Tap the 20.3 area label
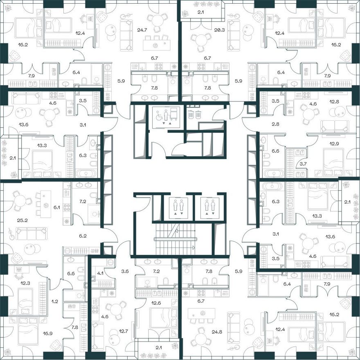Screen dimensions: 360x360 click(x=220, y=30)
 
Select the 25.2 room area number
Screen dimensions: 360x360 click(x=22, y=220)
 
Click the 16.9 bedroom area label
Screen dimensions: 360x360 click(x=47, y=333)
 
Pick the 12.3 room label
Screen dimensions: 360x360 click(x=25, y=283)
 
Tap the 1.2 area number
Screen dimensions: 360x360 click(x=55, y=301)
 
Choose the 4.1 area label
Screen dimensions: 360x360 click(x=100, y=273)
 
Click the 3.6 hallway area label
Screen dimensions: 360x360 click(x=125, y=271)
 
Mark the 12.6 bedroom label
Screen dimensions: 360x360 click(x=156, y=303)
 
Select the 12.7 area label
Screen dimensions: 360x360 click(x=123, y=331)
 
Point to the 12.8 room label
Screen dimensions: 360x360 click(x=334, y=101)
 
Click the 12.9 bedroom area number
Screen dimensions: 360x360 click(x=334, y=144)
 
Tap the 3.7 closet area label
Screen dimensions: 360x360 click(x=303, y=164)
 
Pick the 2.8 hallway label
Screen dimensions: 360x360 click(x=275, y=124)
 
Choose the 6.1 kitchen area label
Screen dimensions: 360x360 click(x=57, y=207)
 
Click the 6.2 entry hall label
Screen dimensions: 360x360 click(x=83, y=236)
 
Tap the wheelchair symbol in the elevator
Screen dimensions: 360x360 click(x=159, y=115)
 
